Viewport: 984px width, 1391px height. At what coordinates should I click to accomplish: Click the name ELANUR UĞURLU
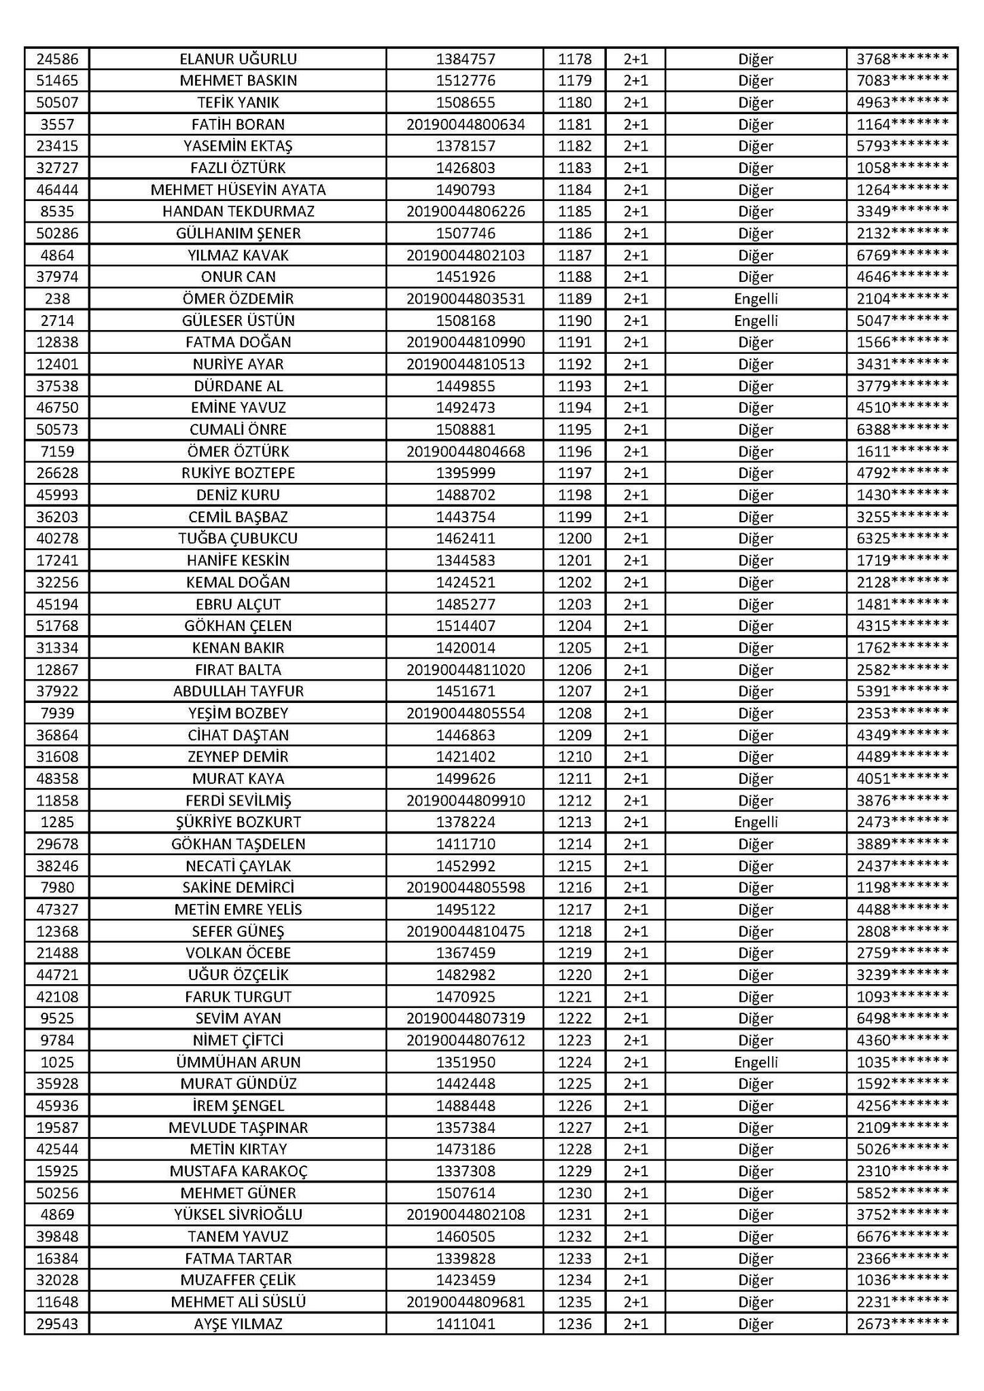[238, 59]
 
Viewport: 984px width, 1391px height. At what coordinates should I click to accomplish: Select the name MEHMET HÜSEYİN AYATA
[238, 190]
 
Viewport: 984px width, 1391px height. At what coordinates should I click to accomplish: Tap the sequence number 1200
[574, 539]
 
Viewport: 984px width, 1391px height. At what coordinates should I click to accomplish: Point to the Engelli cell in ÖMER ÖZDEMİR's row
[756, 299]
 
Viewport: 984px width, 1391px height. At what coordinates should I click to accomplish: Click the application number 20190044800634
[465, 124]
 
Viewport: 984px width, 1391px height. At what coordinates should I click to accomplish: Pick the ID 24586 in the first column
[57, 59]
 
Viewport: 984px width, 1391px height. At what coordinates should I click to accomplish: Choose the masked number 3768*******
[902, 59]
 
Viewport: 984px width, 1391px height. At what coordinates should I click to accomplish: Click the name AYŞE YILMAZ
[238, 1324]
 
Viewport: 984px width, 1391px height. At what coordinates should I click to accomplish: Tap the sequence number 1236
[574, 1324]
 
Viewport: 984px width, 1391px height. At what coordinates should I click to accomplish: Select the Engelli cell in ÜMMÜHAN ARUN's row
[756, 1062]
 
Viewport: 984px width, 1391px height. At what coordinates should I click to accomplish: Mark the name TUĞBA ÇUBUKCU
[238, 539]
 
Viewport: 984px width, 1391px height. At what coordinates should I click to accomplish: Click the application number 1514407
[465, 626]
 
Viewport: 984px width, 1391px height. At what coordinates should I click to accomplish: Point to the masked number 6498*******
[902, 1018]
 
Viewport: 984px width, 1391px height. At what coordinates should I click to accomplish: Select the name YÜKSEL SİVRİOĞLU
[238, 1214]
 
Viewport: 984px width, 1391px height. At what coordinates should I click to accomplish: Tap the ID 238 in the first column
[57, 299]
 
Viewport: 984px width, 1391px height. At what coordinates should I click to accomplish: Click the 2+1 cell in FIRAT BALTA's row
[635, 670]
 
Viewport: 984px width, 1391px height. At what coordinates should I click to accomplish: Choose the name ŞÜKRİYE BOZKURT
[238, 822]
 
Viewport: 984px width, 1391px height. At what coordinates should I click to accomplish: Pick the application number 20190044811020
[465, 670]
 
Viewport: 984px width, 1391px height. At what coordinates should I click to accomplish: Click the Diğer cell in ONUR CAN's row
[756, 277]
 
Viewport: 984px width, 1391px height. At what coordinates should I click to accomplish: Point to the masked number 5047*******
[902, 321]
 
